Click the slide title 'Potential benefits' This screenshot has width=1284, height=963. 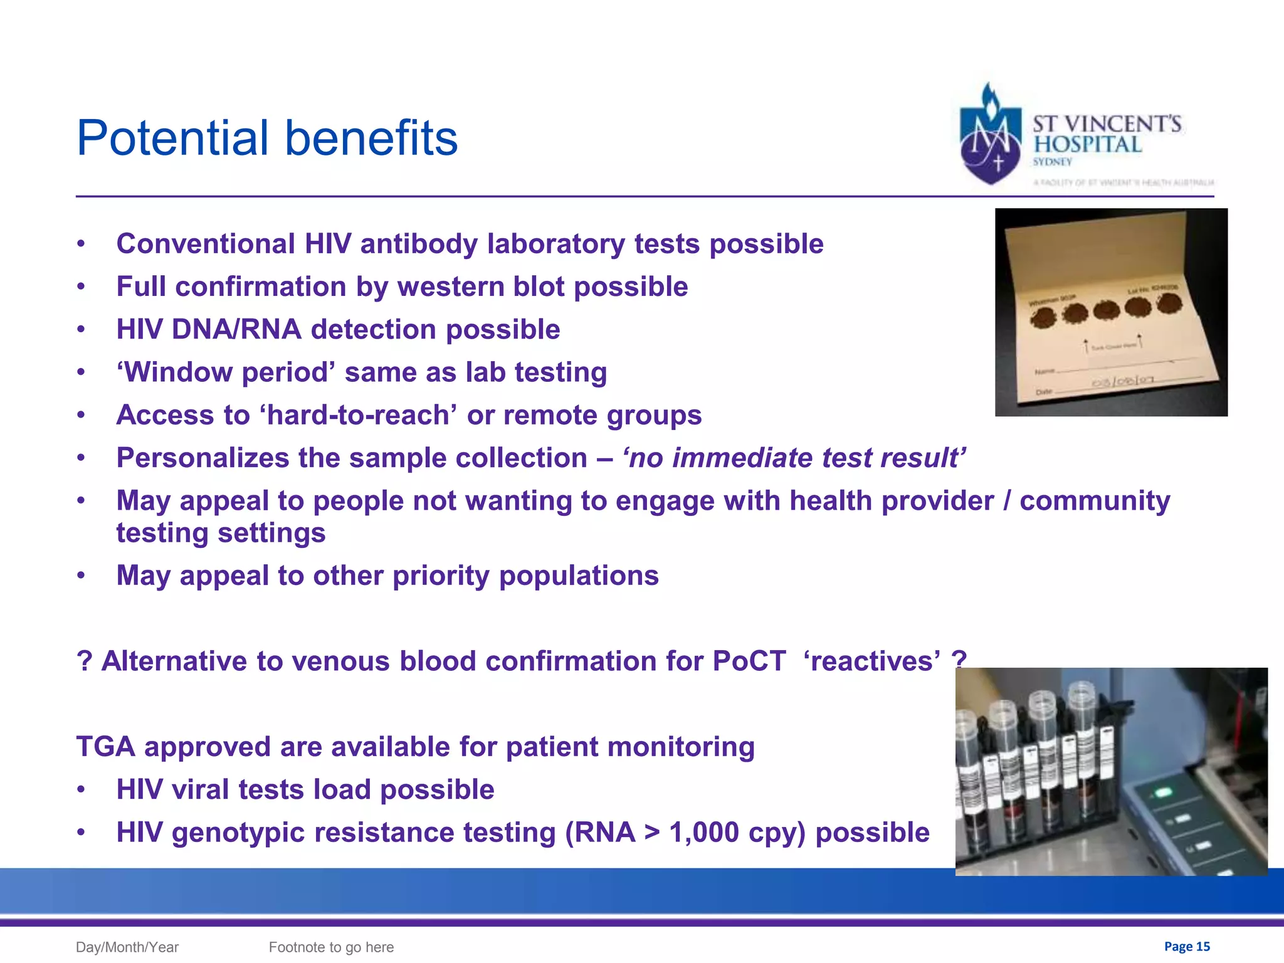point(267,138)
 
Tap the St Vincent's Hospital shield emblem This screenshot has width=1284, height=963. point(990,138)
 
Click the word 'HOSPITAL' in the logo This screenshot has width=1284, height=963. point(1088,144)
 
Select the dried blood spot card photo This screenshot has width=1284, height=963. point(1111,312)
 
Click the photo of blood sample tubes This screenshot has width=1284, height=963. point(1111,771)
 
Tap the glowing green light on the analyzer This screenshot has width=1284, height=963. point(1164,792)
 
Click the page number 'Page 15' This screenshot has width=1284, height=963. point(1187,946)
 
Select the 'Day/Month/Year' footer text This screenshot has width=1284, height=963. point(127,947)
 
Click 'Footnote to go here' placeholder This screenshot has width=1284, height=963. point(331,947)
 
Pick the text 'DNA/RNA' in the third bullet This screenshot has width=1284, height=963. point(237,329)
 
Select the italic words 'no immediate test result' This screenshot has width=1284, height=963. point(794,458)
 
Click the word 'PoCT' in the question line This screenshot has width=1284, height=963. point(749,661)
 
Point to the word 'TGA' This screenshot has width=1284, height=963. point(105,747)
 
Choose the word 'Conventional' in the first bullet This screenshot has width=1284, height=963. point(206,244)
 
